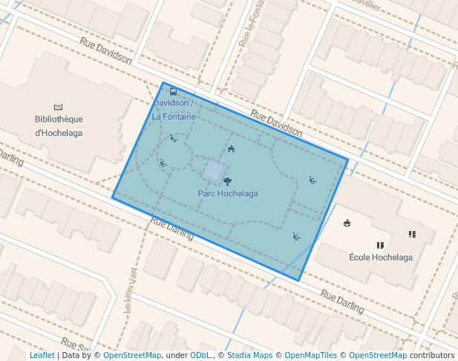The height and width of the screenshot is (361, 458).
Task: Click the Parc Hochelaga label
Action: coord(228,194)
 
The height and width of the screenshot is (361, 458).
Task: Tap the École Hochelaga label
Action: coord(380,257)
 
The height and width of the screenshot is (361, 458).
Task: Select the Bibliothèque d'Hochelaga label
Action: coord(59,126)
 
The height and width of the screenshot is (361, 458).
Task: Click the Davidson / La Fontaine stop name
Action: coord(174,110)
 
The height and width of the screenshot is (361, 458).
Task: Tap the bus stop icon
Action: coord(173,91)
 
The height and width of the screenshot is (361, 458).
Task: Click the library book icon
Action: coord(59,107)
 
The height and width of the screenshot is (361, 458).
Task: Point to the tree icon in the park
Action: coord(227,180)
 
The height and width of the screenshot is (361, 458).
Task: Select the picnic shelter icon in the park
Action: coord(231,149)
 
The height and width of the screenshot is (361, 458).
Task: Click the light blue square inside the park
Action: coord(213,171)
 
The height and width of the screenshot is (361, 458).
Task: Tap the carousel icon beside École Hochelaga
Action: coord(347,223)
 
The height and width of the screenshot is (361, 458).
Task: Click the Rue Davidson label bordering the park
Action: coord(276,123)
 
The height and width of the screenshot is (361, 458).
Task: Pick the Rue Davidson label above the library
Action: coord(106,51)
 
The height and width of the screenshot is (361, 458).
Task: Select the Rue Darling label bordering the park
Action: coord(171,229)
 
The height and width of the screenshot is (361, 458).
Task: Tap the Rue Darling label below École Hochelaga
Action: coord(342,300)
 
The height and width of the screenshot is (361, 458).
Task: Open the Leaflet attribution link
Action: coord(42,356)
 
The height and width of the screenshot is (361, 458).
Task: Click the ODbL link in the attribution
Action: coord(200,356)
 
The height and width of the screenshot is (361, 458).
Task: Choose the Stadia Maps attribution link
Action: coord(249,356)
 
